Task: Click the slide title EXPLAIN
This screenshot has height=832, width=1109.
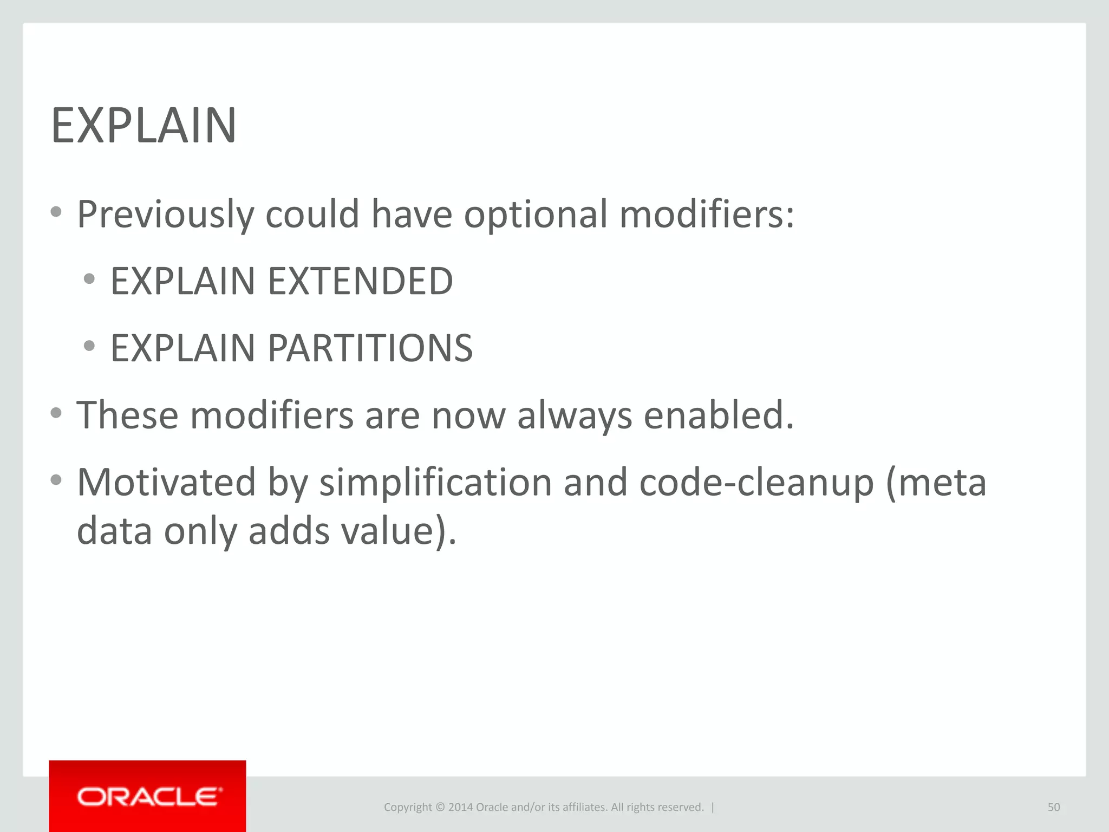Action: click(143, 126)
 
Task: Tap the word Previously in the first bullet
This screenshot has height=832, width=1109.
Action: click(165, 214)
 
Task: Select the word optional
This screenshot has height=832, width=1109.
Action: click(536, 214)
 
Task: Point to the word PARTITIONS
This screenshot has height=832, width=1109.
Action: click(370, 348)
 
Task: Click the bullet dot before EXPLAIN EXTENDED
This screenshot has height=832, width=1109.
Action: click(90, 279)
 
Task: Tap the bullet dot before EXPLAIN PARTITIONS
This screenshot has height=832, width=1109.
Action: click(90, 346)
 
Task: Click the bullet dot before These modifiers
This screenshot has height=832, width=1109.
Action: click(56, 413)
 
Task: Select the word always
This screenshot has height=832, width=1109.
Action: click(575, 416)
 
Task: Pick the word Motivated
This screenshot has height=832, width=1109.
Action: click(166, 482)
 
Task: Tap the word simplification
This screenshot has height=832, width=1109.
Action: click(435, 482)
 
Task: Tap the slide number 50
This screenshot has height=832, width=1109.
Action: click(1053, 807)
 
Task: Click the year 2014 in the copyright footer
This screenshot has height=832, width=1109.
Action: click(460, 807)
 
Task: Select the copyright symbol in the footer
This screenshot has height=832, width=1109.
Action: click(440, 807)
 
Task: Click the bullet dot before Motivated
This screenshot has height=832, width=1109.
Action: click(56, 479)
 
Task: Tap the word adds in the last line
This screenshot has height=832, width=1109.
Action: click(289, 531)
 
